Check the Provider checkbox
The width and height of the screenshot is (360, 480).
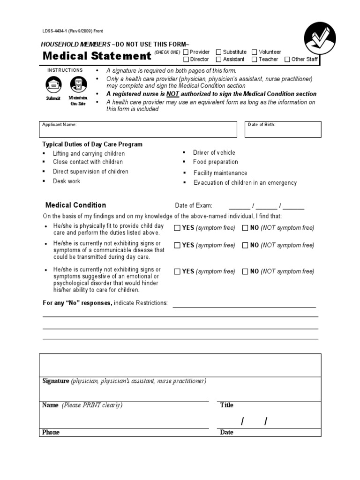[186, 52]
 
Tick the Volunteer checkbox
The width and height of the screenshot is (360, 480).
[255, 52]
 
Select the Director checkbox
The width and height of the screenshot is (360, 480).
[186, 60]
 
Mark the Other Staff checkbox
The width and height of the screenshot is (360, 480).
[287, 60]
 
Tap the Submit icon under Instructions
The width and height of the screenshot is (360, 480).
[53, 85]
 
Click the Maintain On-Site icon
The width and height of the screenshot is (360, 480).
[77, 85]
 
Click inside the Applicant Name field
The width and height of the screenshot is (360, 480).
[138, 129]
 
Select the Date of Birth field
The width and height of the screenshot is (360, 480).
[283, 129]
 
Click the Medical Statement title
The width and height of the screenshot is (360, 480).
[97, 56]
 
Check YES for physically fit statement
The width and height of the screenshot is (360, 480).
[177, 228]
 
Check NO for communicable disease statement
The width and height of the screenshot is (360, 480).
[245, 245]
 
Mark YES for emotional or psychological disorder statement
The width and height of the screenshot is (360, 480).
[177, 271]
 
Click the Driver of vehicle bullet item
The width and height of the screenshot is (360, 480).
[214, 153]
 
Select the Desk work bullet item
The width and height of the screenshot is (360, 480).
[66, 181]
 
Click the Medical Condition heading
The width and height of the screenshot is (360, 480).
[75, 205]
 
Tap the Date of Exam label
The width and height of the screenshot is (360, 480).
[194, 206]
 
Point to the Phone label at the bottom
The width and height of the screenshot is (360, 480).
[51, 432]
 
